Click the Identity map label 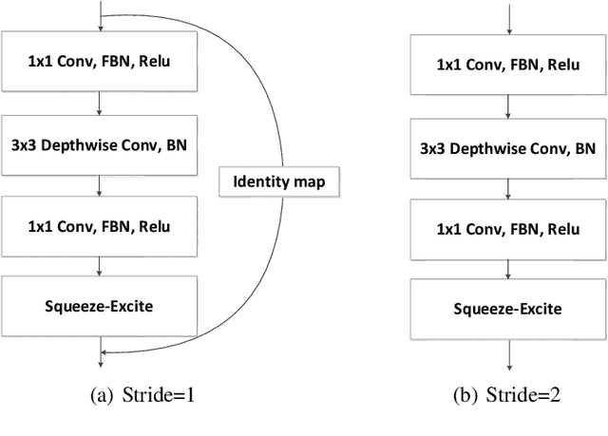(278, 180)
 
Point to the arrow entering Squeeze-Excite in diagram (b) (510, 269)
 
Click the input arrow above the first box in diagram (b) (510, 19)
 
